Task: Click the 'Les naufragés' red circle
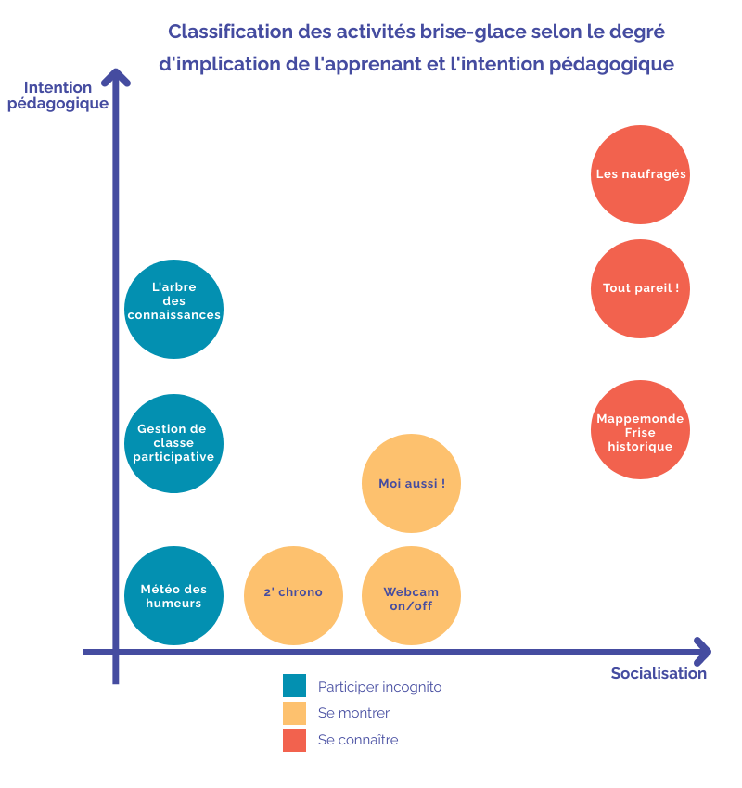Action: [640, 174]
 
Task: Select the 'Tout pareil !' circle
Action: [640, 288]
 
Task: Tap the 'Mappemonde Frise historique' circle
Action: [640, 430]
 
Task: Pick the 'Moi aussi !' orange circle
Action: [411, 483]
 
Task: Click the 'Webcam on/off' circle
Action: [411, 595]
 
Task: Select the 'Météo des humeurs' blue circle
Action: [173, 595]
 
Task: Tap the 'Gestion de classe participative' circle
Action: [173, 443]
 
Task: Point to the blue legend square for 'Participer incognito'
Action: [294, 686]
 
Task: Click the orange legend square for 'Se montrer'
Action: [294, 713]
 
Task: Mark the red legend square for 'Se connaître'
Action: [294, 740]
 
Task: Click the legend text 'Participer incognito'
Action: [379, 687]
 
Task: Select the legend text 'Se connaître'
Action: [357, 740]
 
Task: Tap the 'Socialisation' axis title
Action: [659, 674]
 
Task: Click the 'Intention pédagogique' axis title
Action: [58, 95]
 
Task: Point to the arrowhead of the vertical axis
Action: [116, 75]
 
